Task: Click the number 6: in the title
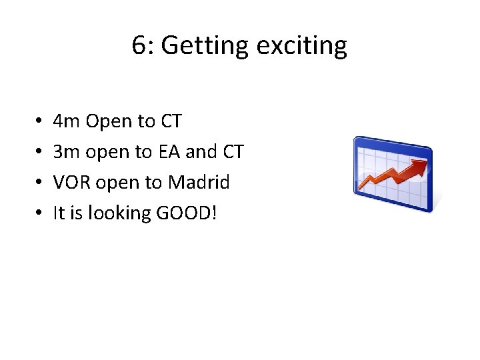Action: click(143, 46)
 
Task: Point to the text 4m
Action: click(67, 121)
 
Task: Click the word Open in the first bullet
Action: click(109, 122)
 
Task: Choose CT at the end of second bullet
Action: click(233, 152)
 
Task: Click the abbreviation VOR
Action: click(70, 182)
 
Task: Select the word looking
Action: click(118, 213)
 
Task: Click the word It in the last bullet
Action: click(59, 213)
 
